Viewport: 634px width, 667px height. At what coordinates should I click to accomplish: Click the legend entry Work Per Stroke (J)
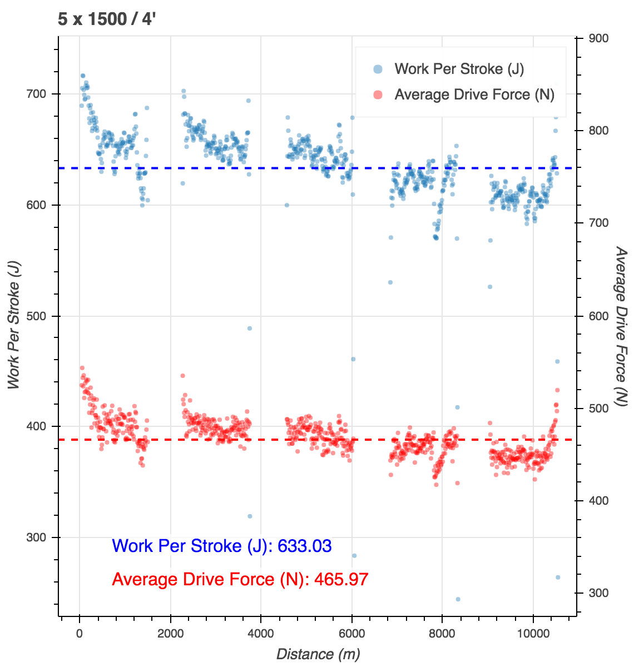[459, 69]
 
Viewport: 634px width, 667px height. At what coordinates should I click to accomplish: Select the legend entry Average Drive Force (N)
[474, 94]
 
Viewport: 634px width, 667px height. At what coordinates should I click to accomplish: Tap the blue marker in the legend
[378, 69]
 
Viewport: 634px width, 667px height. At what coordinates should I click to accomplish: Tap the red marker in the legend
[378, 94]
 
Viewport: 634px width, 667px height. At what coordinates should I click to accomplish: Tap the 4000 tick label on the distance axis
[261, 634]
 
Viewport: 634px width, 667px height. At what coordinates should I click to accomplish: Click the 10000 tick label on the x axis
[533, 634]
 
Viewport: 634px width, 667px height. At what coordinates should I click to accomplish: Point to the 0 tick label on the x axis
[80, 634]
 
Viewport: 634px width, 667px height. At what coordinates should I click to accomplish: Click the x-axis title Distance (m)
[318, 654]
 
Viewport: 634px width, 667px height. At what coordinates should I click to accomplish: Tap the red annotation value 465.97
[341, 579]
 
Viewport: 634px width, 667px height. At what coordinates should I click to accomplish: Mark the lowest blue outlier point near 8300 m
[458, 599]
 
